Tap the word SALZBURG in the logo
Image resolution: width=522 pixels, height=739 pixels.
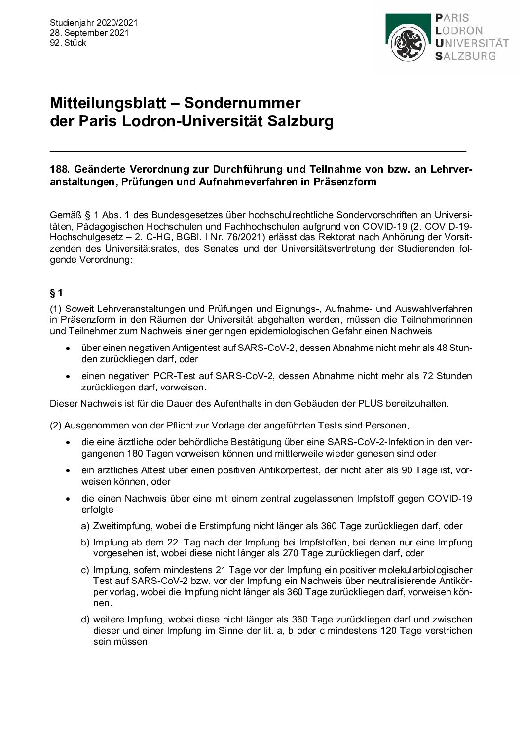tap(465, 56)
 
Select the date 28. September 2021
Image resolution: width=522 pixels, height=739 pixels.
tap(89, 33)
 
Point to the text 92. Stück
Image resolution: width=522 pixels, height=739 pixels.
tap(68, 43)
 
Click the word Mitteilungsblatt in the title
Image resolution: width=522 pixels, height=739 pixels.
tap(112, 103)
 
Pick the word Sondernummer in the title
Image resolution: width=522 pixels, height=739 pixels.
tap(242, 103)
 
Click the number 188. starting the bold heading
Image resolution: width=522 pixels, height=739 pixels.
tap(60, 169)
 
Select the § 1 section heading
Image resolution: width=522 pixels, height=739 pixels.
tap(56, 293)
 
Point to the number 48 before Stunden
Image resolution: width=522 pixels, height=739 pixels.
tap(442, 348)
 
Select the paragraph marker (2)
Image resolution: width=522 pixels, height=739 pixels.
tap(56, 425)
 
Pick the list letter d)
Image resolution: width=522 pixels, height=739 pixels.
tap(85, 619)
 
